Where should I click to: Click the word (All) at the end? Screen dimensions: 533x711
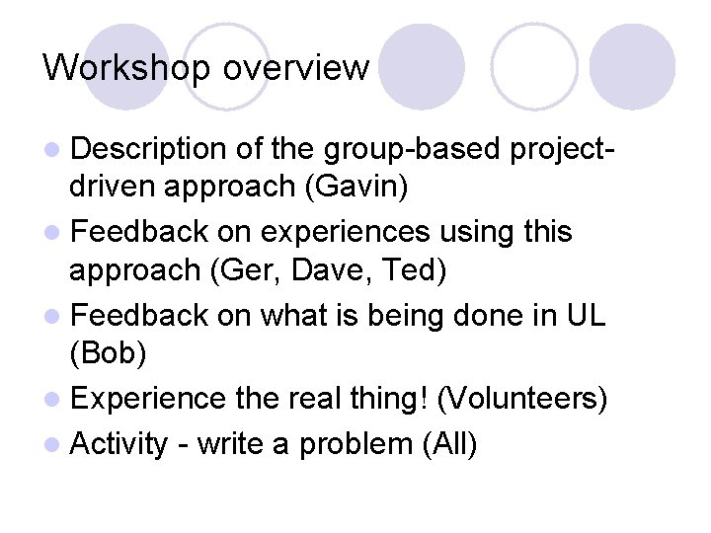point(449,443)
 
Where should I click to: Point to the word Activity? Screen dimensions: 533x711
point(120,443)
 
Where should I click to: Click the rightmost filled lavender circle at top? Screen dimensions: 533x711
point(633,67)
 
